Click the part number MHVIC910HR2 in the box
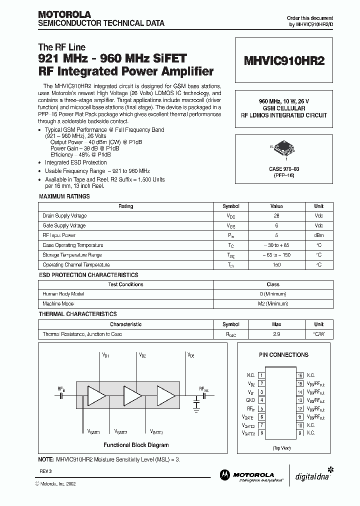[x=284, y=61]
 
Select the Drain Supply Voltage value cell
[x=276, y=216]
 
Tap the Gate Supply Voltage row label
[x=64, y=225]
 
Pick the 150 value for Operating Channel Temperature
[x=276, y=265]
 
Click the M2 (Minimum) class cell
[x=273, y=303]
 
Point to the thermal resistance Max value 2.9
[x=276, y=334]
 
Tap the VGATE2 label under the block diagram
[x=120, y=431]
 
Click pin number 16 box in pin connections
[x=300, y=375]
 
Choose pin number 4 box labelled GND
[x=261, y=400]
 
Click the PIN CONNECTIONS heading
[x=283, y=355]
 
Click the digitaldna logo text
[x=311, y=476]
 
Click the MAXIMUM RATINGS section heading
[x=64, y=196]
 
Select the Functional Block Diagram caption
[x=136, y=445]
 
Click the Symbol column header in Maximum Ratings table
[x=230, y=206]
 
